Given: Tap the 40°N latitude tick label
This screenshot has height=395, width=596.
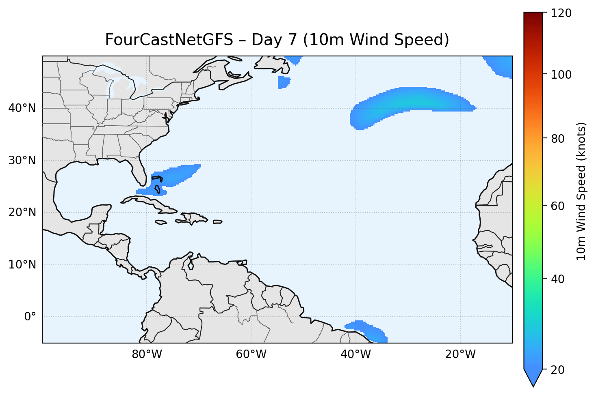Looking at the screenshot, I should click(22, 108).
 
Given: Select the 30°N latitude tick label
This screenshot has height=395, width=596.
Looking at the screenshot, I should click(22, 161).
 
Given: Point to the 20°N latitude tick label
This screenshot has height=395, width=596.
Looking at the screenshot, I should click(22, 213).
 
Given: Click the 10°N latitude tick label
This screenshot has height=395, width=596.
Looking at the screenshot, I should click(22, 265).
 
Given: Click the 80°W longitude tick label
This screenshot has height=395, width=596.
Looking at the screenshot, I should click(147, 354).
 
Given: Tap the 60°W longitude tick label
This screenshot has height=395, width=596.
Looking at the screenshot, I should click(251, 354).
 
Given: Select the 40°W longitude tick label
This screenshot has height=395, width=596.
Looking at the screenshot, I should click(355, 354).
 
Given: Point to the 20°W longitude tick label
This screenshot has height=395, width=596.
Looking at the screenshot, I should click(460, 354).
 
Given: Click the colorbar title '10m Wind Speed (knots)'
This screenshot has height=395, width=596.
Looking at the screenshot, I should click(581, 191).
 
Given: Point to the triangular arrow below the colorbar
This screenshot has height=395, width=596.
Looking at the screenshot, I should click(533, 378).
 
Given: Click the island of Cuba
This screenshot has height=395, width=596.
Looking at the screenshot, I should click(150, 204).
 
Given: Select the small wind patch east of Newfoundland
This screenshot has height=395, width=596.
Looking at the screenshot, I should click(284, 82).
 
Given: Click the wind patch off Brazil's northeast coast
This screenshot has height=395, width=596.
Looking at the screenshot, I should click(368, 329).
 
